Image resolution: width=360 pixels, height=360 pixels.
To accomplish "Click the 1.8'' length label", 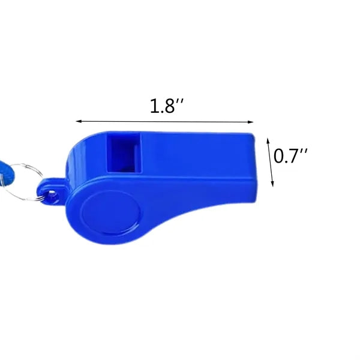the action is [x=167, y=106].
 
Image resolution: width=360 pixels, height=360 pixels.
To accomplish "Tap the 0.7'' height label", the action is [x=290, y=156].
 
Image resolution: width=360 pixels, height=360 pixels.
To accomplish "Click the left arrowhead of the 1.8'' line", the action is [x=79, y=121].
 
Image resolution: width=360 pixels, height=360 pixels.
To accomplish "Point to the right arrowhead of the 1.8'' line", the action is [x=250, y=122].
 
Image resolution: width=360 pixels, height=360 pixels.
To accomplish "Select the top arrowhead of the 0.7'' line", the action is [x=268, y=140].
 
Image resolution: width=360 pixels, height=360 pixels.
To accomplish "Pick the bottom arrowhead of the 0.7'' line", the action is [x=272, y=184].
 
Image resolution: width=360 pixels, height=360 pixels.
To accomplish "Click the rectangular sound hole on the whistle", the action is [x=124, y=153].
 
